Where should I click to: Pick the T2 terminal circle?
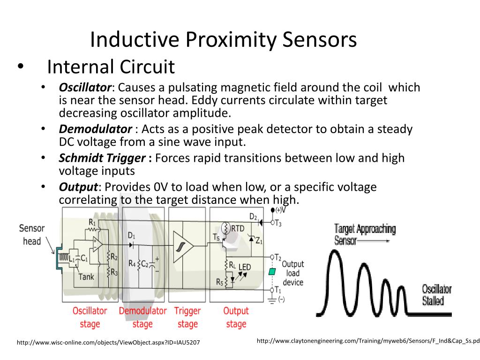point(272,257)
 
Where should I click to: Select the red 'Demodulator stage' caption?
point(142,317)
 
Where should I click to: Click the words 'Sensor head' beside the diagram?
point(32,235)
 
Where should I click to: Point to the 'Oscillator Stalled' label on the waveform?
point(436,294)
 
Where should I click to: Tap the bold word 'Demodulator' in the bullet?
point(95,129)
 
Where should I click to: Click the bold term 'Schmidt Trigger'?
point(102,158)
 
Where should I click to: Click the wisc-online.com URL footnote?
point(108,343)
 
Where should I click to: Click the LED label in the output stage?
point(245,267)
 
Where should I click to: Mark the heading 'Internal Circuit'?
point(111,67)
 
